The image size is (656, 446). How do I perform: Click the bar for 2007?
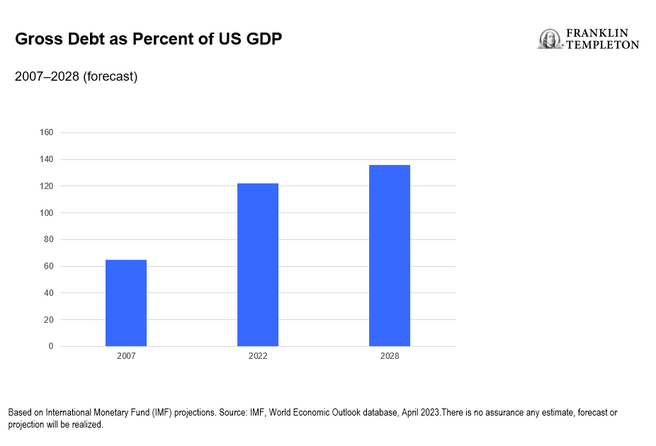tap(126, 303)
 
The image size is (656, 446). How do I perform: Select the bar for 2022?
tap(258, 265)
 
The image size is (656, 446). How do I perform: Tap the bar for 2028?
tap(390, 256)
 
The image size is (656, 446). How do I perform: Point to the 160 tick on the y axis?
tap(47, 132)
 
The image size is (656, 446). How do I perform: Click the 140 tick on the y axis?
tap(47, 159)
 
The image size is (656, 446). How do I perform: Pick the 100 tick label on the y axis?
tap(47, 212)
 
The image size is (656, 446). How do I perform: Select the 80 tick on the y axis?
tap(49, 239)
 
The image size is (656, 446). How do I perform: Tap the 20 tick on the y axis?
tap(49, 319)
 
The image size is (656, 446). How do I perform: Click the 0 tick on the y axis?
tap(51, 346)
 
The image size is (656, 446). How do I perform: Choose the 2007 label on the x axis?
tap(126, 356)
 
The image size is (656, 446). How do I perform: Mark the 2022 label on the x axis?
tap(258, 356)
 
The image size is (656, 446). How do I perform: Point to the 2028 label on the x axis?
tap(390, 356)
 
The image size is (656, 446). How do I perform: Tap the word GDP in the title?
tap(264, 39)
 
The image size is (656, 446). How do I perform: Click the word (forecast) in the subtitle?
tap(111, 76)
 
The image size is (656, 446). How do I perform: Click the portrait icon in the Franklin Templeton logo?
tap(550, 39)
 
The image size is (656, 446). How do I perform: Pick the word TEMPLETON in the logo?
tap(602, 45)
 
